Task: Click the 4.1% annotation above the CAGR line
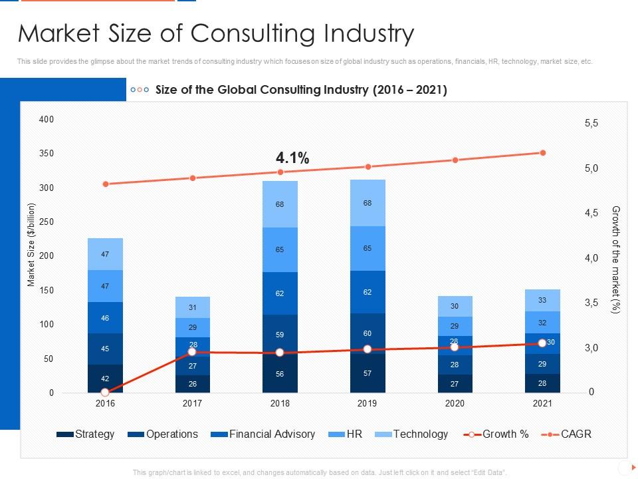(x=292, y=158)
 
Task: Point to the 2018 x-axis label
(x=280, y=403)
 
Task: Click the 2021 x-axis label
(x=542, y=403)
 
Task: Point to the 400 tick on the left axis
(x=46, y=119)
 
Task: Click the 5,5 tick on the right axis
(x=591, y=123)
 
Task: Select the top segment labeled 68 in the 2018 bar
(x=280, y=204)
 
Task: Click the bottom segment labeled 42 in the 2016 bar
(x=105, y=379)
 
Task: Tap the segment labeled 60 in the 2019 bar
(x=368, y=333)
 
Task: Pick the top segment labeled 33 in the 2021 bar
(x=542, y=300)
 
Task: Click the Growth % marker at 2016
(x=105, y=393)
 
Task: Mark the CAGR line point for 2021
(x=542, y=153)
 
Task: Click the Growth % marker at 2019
(x=368, y=349)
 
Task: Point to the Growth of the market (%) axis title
(x=615, y=259)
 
